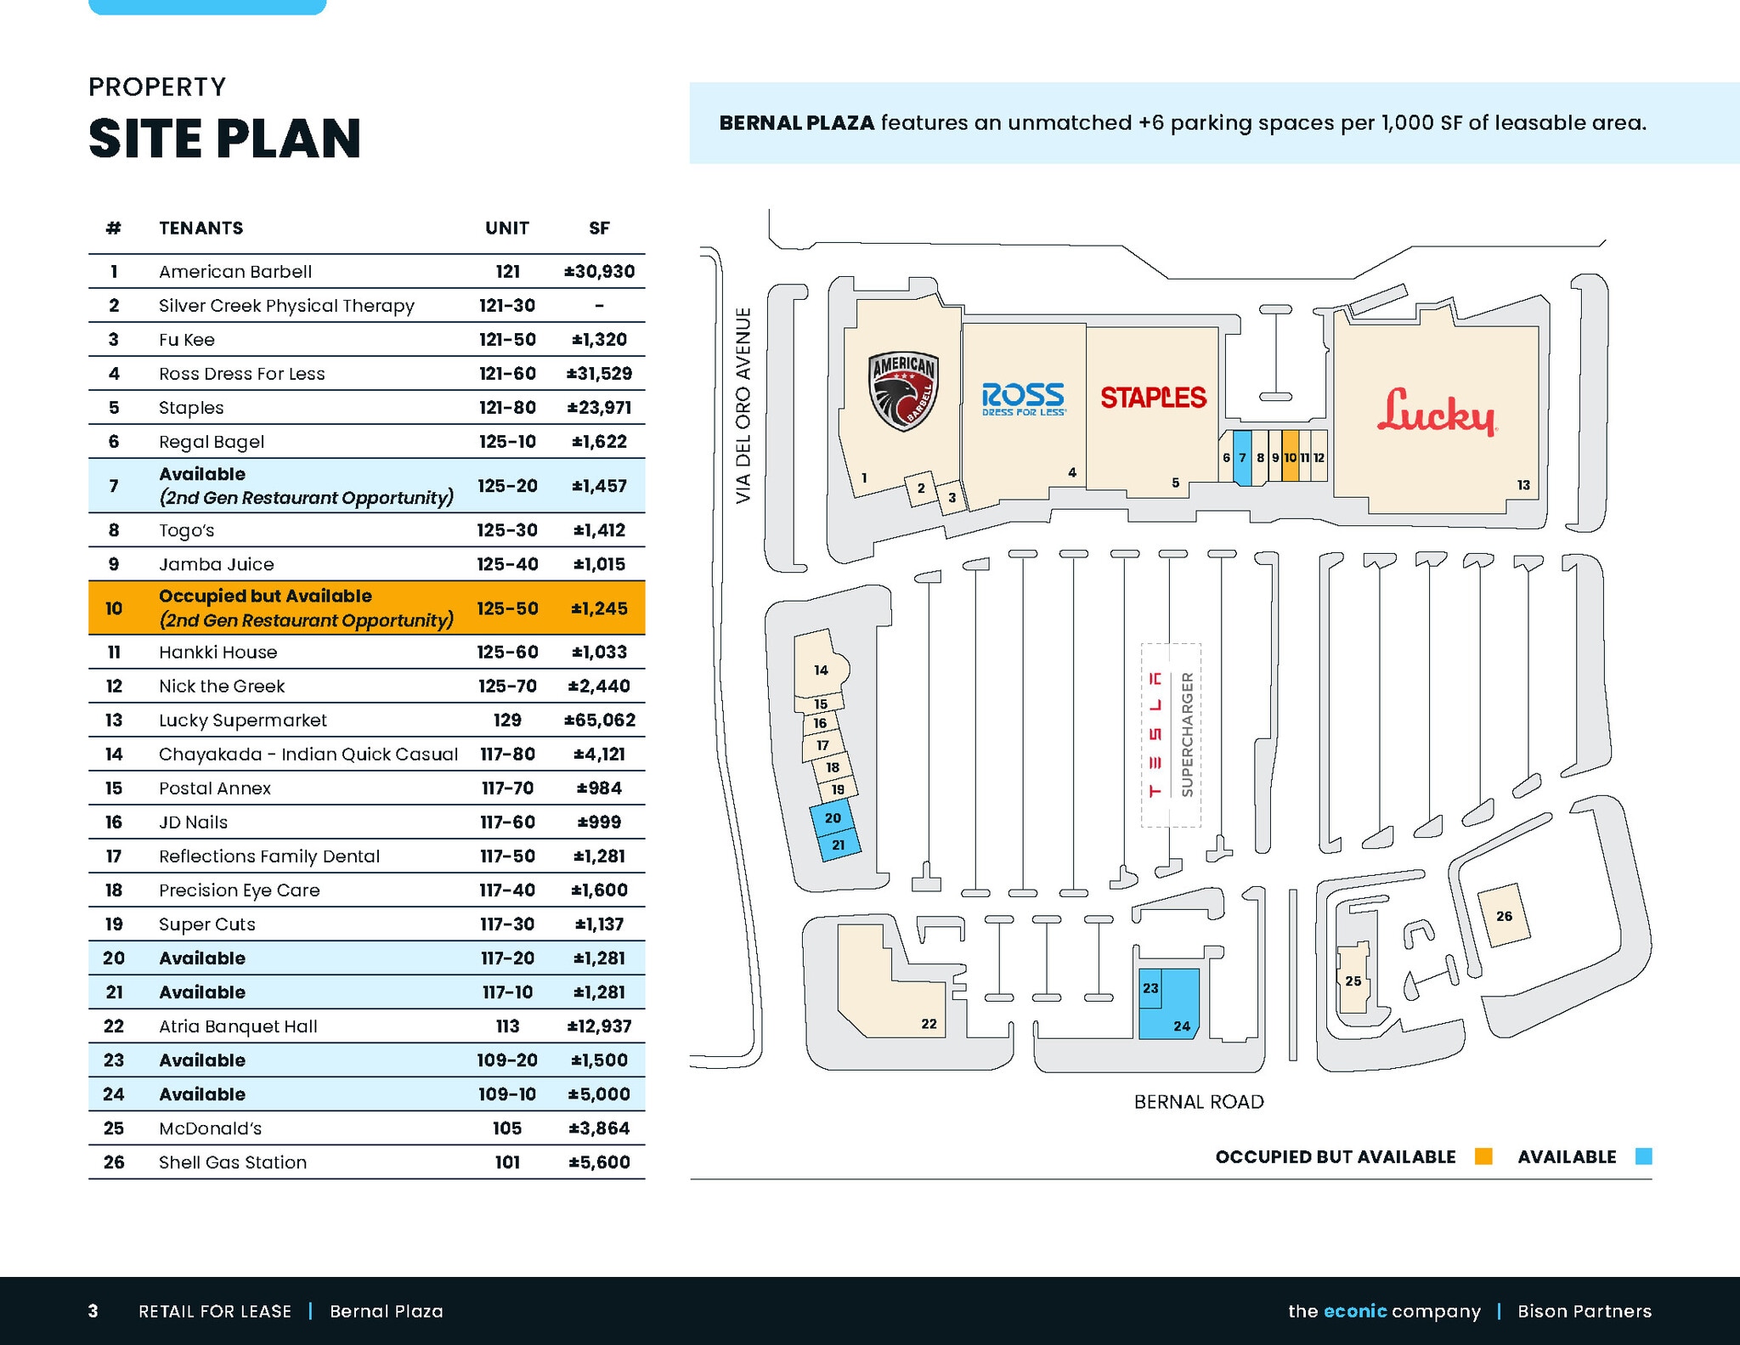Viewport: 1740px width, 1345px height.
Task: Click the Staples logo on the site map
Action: (1153, 398)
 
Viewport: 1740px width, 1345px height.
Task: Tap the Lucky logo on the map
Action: (1436, 412)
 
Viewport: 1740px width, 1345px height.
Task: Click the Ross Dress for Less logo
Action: (1023, 399)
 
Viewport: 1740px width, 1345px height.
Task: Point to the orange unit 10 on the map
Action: (1290, 456)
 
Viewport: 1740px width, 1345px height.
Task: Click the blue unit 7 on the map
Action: (1242, 458)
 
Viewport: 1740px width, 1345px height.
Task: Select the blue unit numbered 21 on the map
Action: (839, 845)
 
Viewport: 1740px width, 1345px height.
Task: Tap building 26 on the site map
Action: (1504, 915)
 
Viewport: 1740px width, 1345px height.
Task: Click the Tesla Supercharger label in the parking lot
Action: (1171, 735)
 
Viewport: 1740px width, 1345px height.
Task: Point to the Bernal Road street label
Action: (1199, 1102)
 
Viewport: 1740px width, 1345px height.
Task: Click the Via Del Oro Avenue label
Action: (743, 405)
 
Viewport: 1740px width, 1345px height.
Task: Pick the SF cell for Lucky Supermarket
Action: (600, 721)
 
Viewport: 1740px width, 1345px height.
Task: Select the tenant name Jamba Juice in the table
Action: (217, 564)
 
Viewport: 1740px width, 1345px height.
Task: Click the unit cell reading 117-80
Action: (507, 754)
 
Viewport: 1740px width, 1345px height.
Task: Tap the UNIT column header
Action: (507, 228)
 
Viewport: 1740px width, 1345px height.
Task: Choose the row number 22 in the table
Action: (114, 1026)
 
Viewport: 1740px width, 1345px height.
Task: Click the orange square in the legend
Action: (1483, 1156)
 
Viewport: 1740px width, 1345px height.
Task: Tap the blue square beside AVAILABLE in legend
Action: (1644, 1156)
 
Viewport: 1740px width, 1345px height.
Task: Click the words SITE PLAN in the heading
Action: (225, 138)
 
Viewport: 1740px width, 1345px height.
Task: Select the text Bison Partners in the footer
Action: (1585, 1311)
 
